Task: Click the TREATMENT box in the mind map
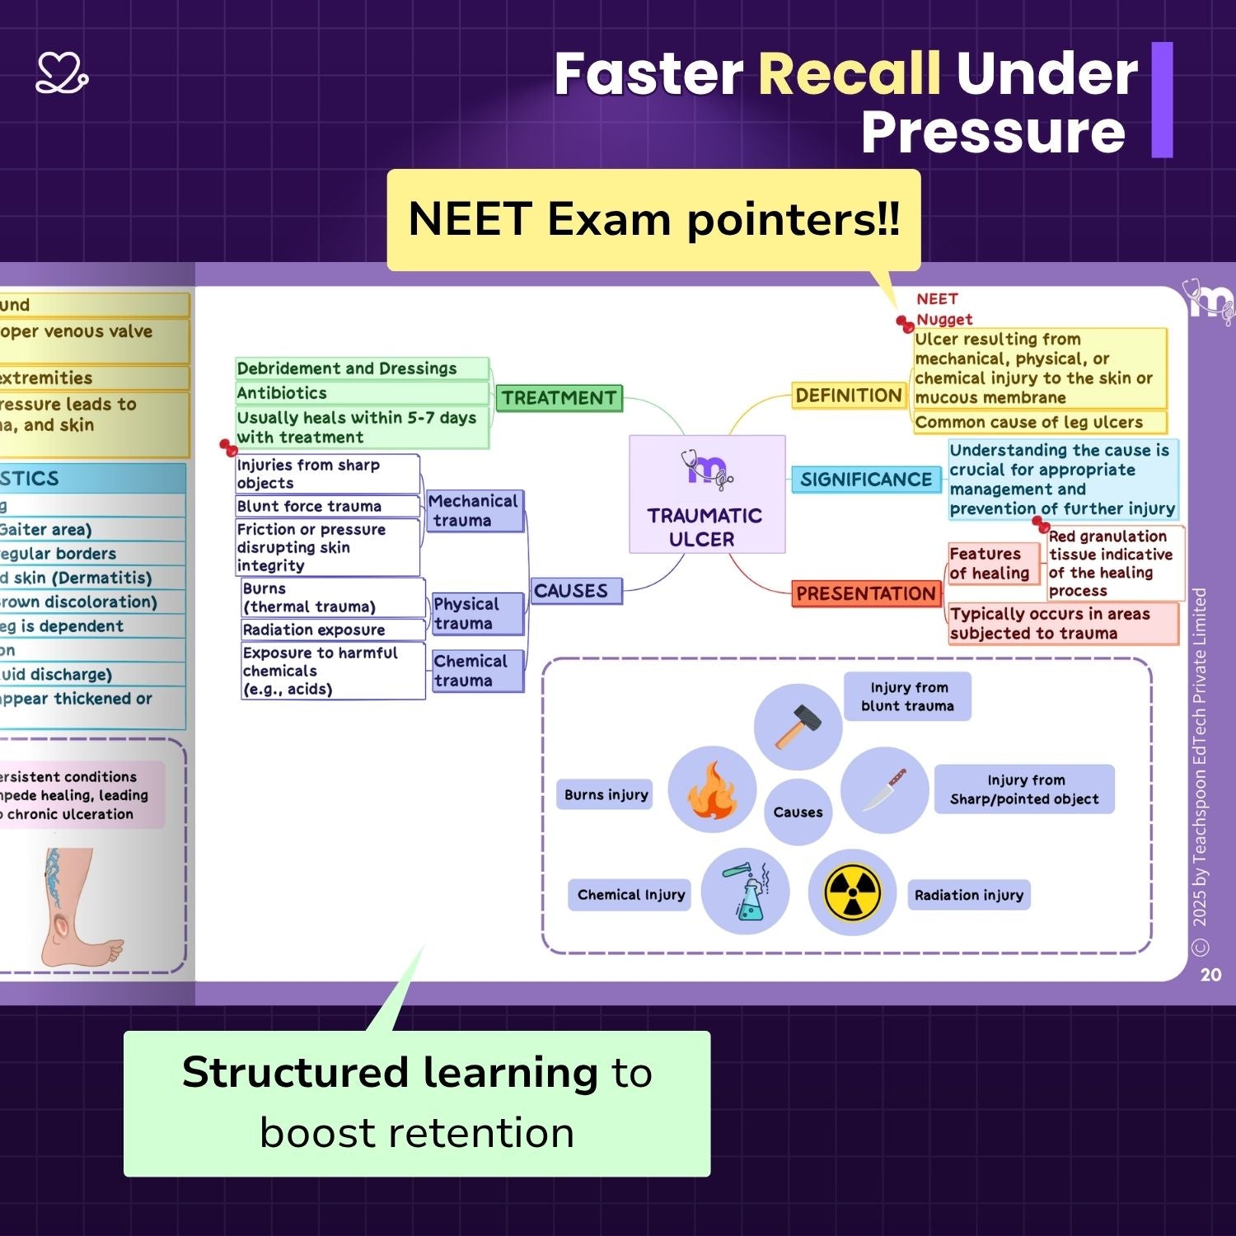[x=559, y=398]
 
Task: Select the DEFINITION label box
[x=849, y=396]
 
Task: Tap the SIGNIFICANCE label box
[x=866, y=480]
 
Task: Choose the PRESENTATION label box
[x=866, y=593]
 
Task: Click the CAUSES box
[x=575, y=591]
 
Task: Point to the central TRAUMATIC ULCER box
[x=706, y=494]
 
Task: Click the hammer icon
[x=797, y=726]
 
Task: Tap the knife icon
[x=884, y=789]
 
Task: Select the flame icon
[x=711, y=789]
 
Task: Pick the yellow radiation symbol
[x=852, y=892]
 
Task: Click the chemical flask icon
[x=746, y=892]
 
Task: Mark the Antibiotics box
[x=363, y=393]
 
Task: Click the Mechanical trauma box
[x=474, y=511]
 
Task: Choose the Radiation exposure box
[x=331, y=630]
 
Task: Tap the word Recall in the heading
[x=849, y=74]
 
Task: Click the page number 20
[x=1210, y=975]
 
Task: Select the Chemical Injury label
[x=630, y=895]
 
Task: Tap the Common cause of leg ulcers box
[x=1040, y=423]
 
